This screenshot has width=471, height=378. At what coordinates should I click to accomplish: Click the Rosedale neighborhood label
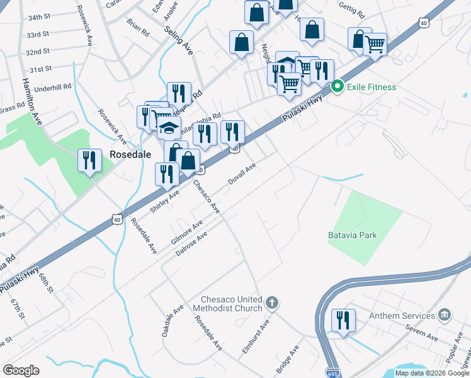(129, 154)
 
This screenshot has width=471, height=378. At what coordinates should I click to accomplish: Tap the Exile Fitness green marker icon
(337, 87)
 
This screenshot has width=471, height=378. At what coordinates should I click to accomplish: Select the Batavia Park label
(352, 235)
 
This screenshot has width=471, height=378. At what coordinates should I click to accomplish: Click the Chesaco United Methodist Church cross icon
(272, 303)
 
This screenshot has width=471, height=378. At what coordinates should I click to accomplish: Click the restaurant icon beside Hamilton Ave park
(89, 160)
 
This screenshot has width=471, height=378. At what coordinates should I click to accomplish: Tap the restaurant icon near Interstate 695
(344, 320)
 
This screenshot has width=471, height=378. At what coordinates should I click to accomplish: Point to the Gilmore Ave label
(187, 232)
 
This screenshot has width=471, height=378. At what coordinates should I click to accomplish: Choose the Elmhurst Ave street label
(263, 334)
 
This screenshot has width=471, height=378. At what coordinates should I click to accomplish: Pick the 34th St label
(39, 17)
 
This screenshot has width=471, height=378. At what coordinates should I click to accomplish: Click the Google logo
(21, 370)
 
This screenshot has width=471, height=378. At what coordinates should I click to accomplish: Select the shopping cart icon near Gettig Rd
(375, 44)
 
